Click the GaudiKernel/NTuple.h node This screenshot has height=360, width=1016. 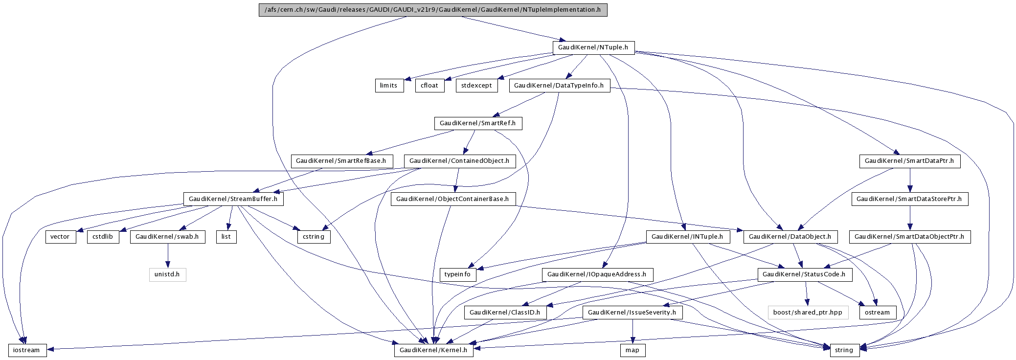coord(593,47)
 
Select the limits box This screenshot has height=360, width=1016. coord(389,86)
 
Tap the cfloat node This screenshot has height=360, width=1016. coord(429,86)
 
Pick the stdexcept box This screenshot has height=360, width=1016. coord(476,86)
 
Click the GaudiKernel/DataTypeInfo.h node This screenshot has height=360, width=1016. coord(559,86)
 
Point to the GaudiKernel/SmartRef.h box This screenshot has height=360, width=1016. coord(478,123)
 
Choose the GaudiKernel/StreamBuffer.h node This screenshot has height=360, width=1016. coord(233,199)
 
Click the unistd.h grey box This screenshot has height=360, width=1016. coord(167,274)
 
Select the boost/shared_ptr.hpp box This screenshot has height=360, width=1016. coord(808,313)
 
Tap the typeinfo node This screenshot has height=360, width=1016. coord(457,274)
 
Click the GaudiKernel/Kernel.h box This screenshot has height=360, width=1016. coord(433,350)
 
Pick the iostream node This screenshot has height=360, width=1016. coord(27,350)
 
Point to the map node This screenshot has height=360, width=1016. coord(632,350)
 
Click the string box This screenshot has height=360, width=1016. coord(844,350)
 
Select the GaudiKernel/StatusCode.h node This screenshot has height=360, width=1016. coord(805,274)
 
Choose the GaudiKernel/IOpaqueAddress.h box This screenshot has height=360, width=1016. coord(597,274)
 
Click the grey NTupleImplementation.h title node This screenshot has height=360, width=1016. coord(433,10)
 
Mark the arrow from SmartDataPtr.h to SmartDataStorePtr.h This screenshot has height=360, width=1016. coord(910,180)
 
